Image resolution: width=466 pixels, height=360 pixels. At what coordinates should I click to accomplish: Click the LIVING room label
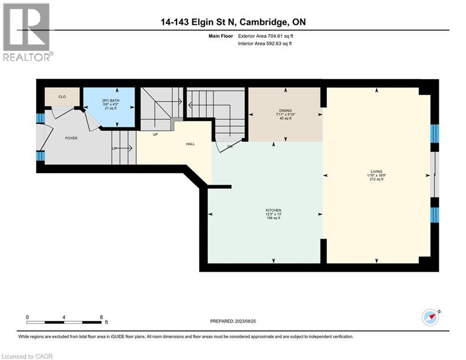click(376, 172)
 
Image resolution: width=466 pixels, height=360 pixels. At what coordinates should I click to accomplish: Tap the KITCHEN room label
click(274, 210)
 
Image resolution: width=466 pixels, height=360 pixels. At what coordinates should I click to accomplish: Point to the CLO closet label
click(62, 97)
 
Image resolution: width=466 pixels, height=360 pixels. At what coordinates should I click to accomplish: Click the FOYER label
click(71, 138)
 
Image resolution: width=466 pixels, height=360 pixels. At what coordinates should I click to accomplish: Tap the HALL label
click(190, 144)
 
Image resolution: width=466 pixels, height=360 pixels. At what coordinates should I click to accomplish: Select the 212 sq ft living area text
click(376, 179)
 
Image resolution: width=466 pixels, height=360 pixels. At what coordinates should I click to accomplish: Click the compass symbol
click(430, 317)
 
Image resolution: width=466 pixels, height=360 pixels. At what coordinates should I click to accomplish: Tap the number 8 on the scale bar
click(101, 317)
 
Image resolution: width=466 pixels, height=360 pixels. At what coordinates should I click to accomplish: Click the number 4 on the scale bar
click(64, 317)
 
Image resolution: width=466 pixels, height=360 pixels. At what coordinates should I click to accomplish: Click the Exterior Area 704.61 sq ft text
click(266, 36)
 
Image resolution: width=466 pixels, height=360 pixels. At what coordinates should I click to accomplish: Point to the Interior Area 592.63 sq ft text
click(266, 44)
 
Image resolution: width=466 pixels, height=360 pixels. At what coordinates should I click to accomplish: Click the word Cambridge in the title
click(265, 22)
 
